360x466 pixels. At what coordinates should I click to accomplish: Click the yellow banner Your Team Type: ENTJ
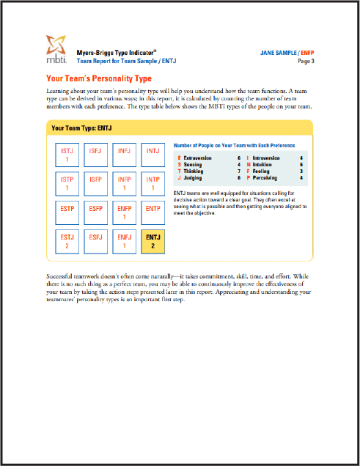pos(81,127)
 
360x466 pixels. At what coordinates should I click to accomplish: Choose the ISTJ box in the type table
pos(67,154)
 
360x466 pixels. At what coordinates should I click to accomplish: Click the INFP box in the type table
pos(124,183)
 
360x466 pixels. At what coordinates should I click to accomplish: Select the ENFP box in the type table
pos(124,212)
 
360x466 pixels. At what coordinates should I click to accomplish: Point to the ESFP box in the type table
pos(95,212)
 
